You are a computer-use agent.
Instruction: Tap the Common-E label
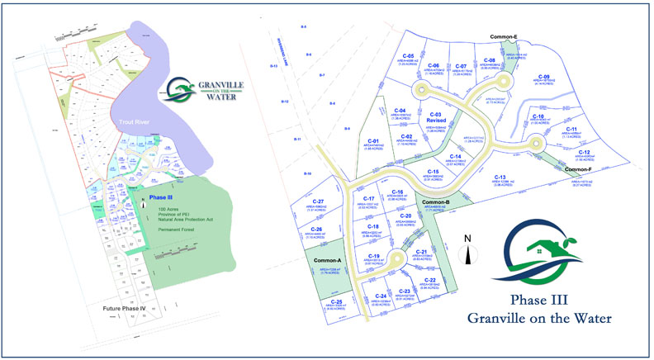(504, 37)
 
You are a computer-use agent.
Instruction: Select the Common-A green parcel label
(328, 260)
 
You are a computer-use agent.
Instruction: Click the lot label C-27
(318, 201)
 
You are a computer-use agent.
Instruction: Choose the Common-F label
(578, 169)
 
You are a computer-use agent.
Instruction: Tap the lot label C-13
(500, 178)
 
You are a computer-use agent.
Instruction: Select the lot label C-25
(336, 302)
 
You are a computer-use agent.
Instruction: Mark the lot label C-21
(422, 252)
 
